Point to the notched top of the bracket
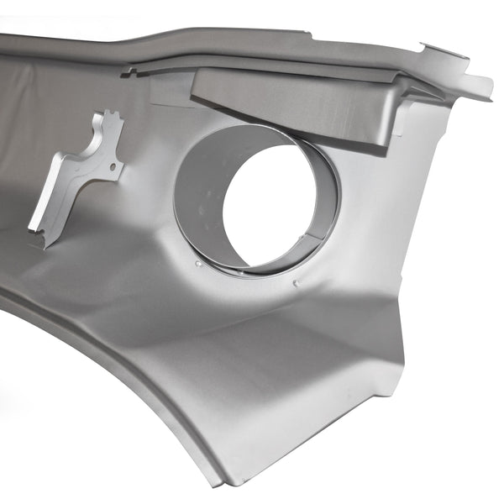(110, 118)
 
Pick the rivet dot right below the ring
(297, 284)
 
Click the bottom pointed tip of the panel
(219, 482)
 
